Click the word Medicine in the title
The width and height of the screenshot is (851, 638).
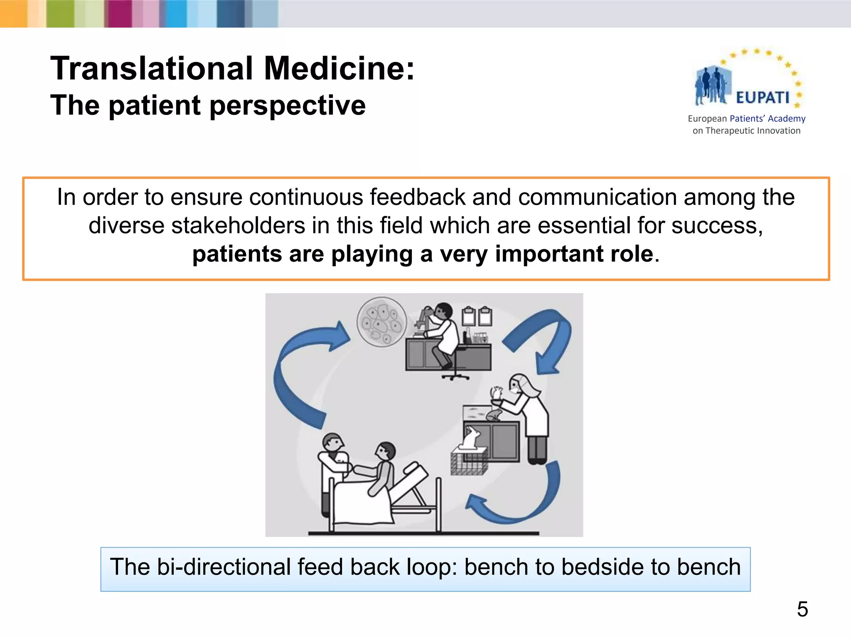click(339, 69)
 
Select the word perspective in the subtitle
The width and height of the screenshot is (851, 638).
click(287, 105)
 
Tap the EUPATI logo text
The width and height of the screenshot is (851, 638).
click(762, 98)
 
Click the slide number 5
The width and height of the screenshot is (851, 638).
click(802, 610)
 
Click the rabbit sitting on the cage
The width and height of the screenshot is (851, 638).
click(471, 438)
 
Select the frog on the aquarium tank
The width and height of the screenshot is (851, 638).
click(494, 414)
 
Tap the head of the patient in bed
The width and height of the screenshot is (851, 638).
click(386, 451)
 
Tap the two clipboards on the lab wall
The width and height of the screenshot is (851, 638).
click(477, 317)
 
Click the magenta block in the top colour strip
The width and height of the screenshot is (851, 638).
click(118, 14)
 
